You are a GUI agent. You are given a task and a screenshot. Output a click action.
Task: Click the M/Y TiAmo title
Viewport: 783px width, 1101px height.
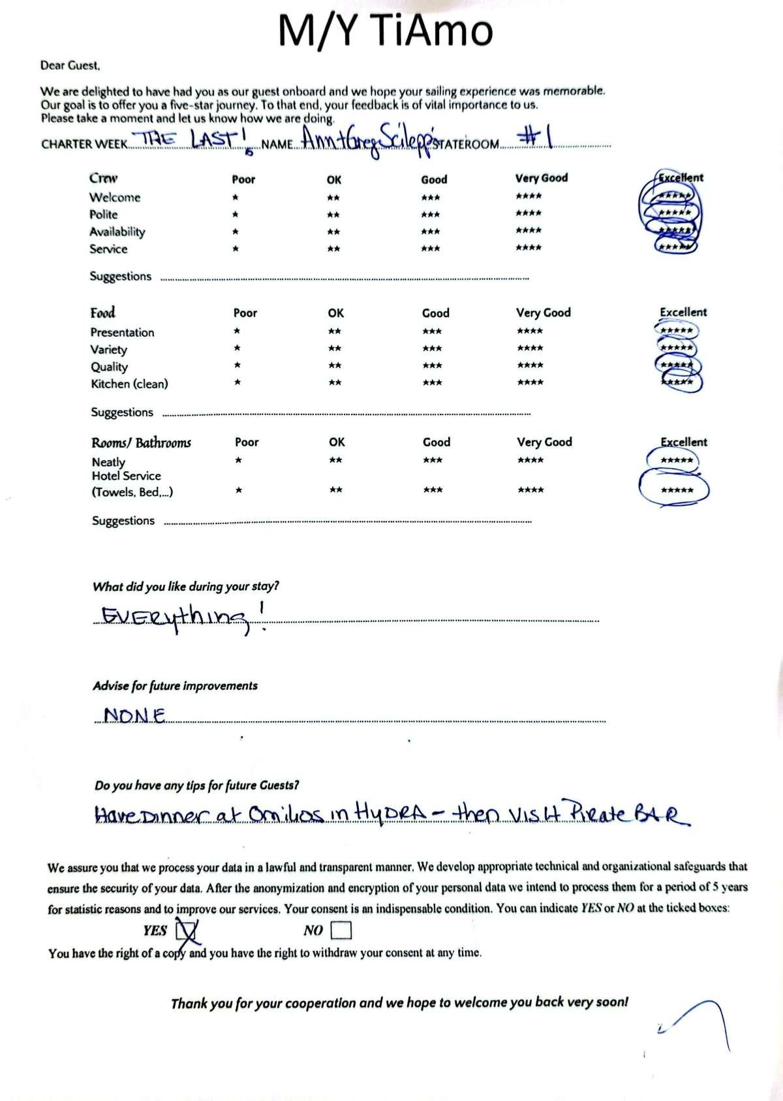385,31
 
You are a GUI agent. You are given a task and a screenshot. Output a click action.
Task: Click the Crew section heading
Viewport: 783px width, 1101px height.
103,178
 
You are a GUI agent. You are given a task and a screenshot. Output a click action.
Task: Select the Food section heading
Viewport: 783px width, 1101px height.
102,313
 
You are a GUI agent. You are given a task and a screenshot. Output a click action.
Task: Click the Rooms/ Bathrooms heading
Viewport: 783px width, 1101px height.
141,442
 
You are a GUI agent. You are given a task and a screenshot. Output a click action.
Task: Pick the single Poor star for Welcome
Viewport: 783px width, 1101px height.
235,197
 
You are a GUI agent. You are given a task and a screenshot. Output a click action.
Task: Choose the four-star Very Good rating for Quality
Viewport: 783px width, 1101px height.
530,365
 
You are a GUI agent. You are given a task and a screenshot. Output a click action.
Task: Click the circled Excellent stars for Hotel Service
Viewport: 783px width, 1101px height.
676,490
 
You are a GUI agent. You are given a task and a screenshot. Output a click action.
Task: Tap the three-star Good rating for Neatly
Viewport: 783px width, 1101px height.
433,460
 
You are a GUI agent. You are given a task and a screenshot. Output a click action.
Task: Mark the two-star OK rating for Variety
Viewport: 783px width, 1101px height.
335,349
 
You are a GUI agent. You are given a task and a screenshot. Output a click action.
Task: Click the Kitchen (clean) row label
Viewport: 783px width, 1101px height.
129,384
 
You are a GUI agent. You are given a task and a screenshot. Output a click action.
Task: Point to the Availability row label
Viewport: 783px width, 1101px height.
117,232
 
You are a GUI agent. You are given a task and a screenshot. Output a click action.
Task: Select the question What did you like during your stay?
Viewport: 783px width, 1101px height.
186,586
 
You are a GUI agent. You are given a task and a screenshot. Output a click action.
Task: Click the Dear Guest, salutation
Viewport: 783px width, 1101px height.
70,65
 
